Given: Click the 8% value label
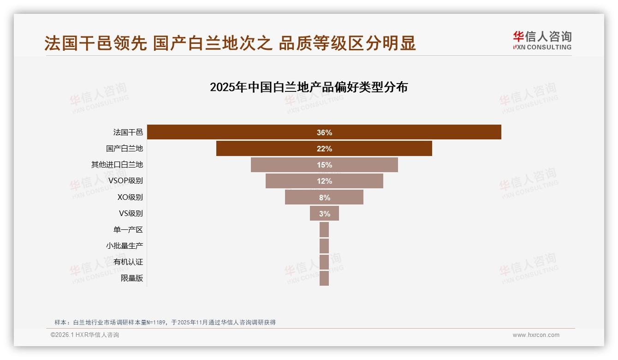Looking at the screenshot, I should click(x=324, y=198).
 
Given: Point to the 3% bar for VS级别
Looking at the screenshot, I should click(x=324, y=213).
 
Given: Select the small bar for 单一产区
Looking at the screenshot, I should click(x=324, y=229).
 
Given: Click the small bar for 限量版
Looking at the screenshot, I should click(x=324, y=278).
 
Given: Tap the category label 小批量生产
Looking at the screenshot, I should click(x=125, y=246).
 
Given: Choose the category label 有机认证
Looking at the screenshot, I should click(x=128, y=262).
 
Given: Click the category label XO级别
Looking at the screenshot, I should click(x=130, y=197).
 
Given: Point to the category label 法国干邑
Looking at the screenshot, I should click(x=128, y=132).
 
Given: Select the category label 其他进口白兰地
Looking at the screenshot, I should click(x=117, y=165).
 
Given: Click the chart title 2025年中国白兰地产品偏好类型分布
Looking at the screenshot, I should click(x=309, y=87).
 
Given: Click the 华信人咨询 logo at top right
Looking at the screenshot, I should click(x=542, y=40).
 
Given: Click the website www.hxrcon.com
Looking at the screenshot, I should click(x=536, y=335).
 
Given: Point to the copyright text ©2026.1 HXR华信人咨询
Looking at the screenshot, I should click(x=85, y=335).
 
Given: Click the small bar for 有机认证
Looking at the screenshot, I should click(x=324, y=262).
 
